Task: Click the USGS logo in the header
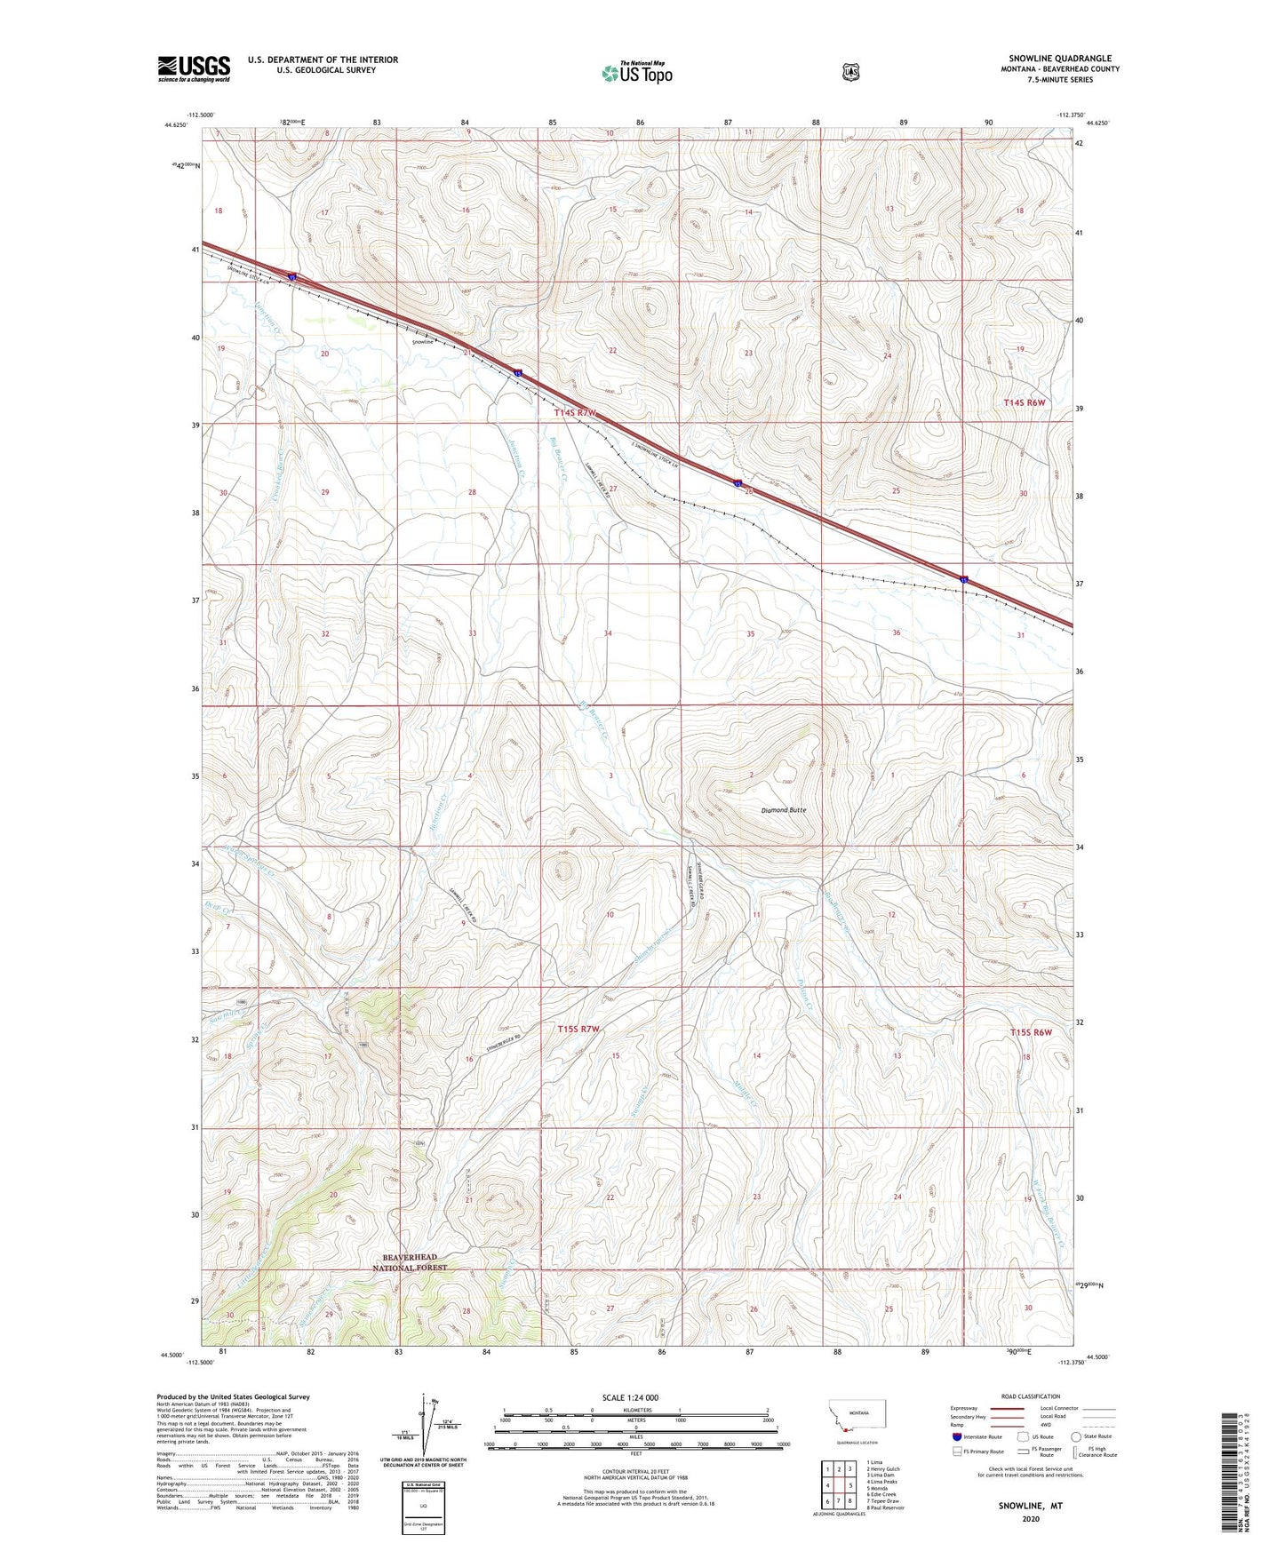(x=194, y=68)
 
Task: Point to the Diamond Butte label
(x=784, y=810)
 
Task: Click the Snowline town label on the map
(x=423, y=342)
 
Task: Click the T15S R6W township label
(x=1031, y=1032)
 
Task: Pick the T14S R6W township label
(x=1025, y=402)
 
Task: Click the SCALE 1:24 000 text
(x=630, y=1397)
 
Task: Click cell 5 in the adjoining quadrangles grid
(x=850, y=1485)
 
